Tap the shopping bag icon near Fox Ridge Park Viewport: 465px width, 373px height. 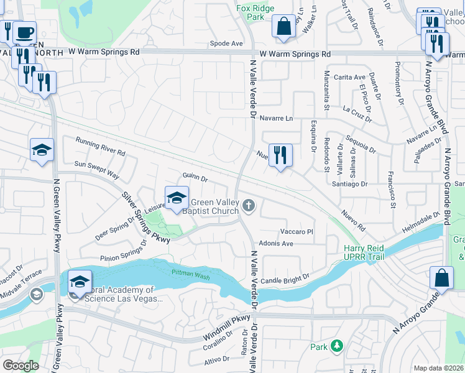[x=283, y=27]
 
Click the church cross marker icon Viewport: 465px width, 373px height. [x=249, y=205]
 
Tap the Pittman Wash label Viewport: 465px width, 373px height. [x=188, y=272]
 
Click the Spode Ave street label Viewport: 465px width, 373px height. [x=226, y=44]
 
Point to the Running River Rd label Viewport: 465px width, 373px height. [x=100, y=147]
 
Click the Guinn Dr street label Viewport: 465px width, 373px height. [x=195, y=178]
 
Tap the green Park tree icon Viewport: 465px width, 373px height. [x=337, y=345]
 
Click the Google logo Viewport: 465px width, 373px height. [x=21, y=366]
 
